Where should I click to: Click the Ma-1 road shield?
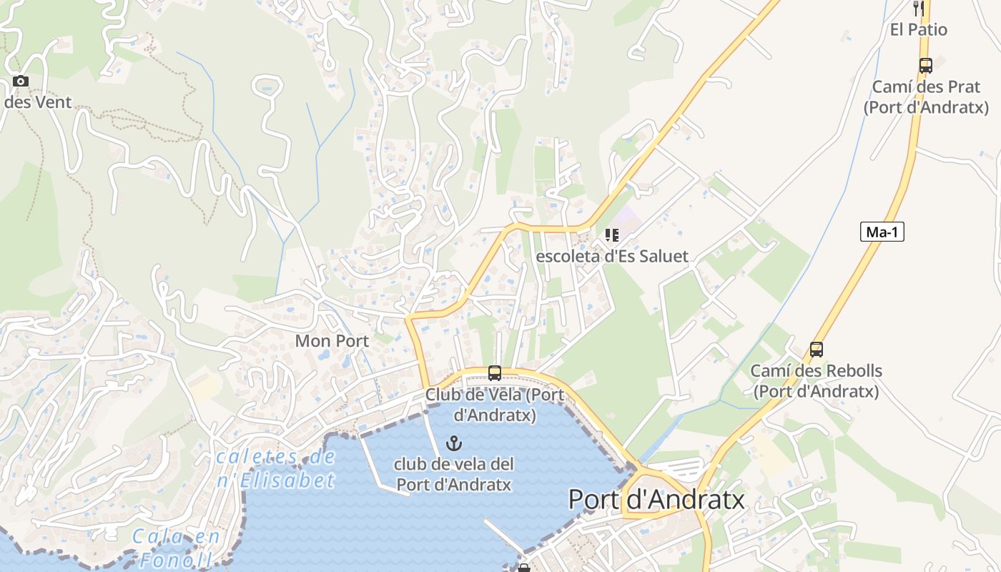click(x=882, y=232)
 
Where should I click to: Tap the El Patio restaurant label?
click(x=919, y=29)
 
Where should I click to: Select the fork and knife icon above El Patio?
click(x=919, y=9)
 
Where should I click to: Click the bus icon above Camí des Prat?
click(x=926, y=66)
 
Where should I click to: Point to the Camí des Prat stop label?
click(x=926, y=97)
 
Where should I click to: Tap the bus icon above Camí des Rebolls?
click(x=817, y=350)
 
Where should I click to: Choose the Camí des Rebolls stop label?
click(x=816, y=381)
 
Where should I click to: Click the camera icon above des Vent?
click(x=21, y=81)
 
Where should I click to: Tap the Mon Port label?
click(x=332, y=341)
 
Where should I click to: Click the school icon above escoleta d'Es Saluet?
click(x=611, y=235)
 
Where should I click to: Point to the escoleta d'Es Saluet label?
click(x=611, y=256)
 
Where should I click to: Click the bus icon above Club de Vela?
click(x=494, y=373)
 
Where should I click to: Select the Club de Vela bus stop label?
click(x=495, y=405)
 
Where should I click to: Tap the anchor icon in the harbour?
click(x=454, y=443)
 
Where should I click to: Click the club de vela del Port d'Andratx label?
click(x=454, y=474)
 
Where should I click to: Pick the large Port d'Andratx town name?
click(x=656, y=499)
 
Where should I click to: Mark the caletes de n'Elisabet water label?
click(x=276, y=468)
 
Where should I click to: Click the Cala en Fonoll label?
click(x=172, y=548)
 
